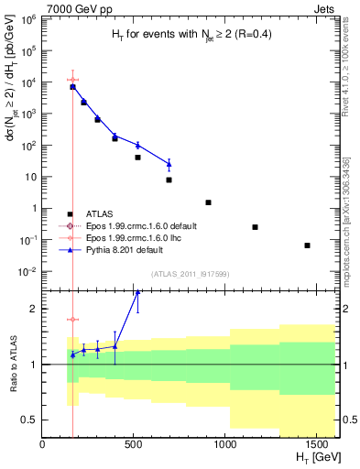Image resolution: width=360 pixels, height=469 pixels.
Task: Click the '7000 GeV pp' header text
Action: [73, 7]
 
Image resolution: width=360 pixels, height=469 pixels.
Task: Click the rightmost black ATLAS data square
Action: [307, 245]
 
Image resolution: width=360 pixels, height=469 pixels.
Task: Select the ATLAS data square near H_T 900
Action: [208, 202]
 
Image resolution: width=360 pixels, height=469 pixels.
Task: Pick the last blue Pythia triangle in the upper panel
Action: [169, 164]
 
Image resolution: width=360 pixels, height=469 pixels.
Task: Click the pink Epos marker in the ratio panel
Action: [72, 320]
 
